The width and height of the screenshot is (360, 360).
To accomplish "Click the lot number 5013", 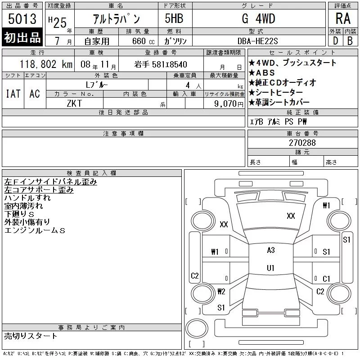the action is point(22,18).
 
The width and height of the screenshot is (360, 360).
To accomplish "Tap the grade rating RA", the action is point(343,18).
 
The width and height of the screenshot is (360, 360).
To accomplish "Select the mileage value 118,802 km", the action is point(46,64).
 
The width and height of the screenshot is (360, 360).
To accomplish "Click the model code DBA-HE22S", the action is point(257,41).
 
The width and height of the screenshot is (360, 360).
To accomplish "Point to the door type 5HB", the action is point(174,18).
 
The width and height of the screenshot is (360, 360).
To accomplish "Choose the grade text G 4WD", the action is point(258,18).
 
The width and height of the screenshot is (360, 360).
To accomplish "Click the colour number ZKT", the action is point(74,103).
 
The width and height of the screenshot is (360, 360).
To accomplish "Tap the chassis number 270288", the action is point(302,143).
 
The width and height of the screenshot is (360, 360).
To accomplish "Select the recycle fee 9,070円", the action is point(229,104).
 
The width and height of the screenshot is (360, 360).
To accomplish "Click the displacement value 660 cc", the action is point(144,41).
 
